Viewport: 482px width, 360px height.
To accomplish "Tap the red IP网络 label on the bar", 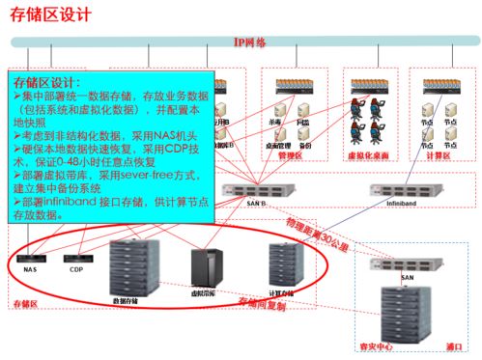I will click(250, 42).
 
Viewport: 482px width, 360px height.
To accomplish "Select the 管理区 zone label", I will click(290, 153).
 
